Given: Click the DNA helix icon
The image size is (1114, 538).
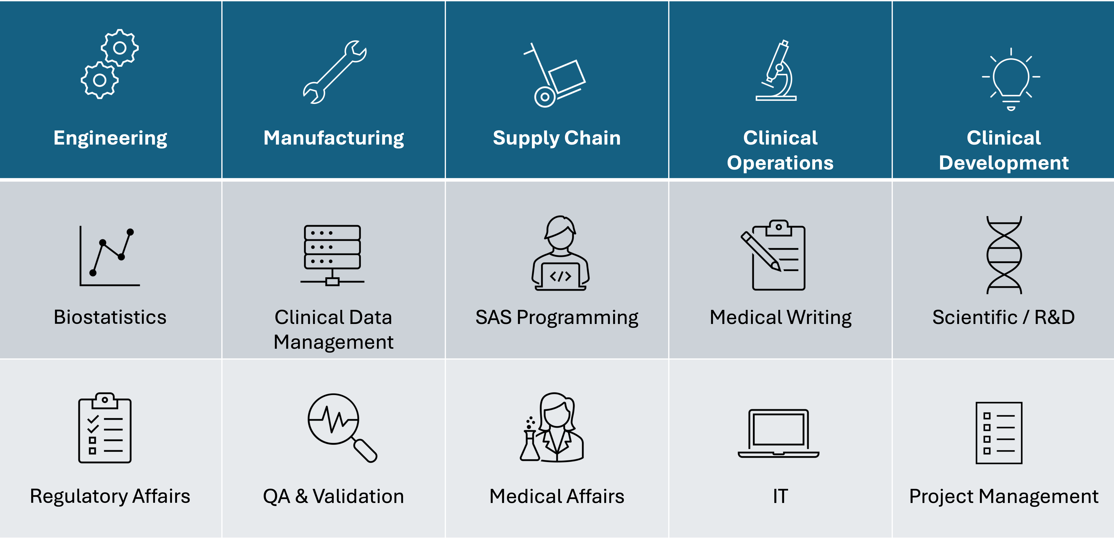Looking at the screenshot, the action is [1004, 255].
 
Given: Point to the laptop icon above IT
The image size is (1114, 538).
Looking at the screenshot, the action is [778, 434].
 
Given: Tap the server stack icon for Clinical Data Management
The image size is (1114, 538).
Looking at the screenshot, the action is [332, 255].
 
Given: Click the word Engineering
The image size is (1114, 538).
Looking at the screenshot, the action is [110, 138].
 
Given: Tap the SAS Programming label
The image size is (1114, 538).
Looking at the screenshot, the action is [557, 318].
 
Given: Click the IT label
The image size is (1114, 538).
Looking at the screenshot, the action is [781, 496].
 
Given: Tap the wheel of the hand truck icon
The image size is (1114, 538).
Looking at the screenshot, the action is [545, 97].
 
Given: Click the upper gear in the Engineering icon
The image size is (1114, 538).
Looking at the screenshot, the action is [120, 48].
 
